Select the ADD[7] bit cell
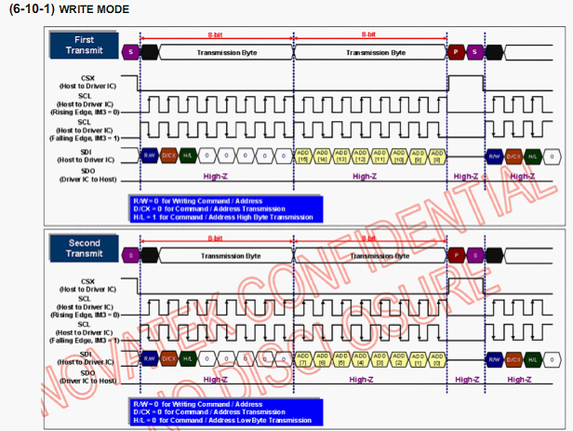click(x=301, y=357)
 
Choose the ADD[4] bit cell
click(x=358, y=357)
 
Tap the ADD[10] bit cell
click(x=397, y=155)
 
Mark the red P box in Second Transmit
click(x=456, y=254)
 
